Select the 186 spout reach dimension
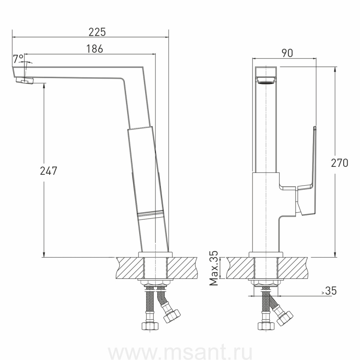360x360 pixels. (x=94, y=49)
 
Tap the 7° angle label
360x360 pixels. (x=18, y=59)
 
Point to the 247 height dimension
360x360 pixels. (x=49, y=171)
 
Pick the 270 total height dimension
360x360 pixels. (x=340, y=163)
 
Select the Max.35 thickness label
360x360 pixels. (x=215, y=268)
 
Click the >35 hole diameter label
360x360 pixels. (x=329, y=291)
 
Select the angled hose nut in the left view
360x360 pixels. (x=172, y=316)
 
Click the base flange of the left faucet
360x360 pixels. (x=155, y=254)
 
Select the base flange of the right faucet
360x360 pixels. (x=266, y=254)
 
